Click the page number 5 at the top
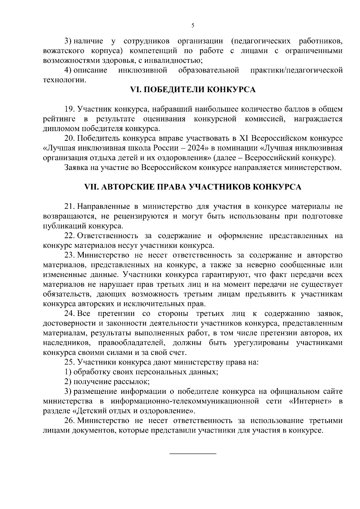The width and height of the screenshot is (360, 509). pyautogui.click(x=193, y=26)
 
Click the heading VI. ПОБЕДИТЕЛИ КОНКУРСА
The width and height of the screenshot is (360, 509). pyautogui.click(x=193, y=90)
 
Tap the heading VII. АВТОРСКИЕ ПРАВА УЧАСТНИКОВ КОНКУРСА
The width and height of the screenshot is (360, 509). pyautogui.click(x=193, y=187)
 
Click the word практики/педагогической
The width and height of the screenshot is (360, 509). pyautogui.click(x=296, y=70)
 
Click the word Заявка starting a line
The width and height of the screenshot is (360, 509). pyautogui.click(x=75, y=168)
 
